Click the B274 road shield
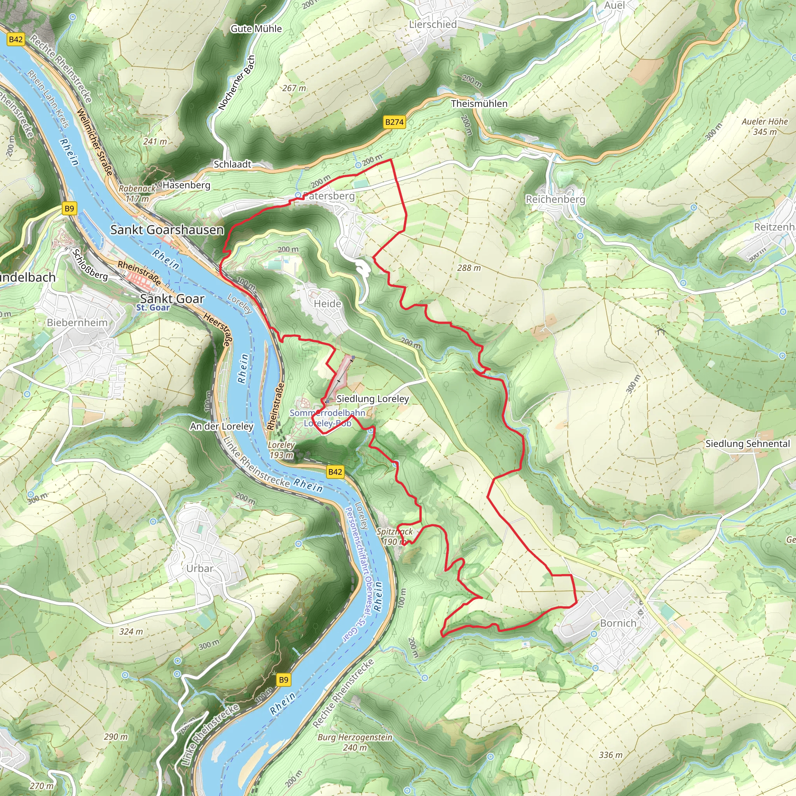click(394, 122)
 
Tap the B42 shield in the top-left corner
click(16, 40)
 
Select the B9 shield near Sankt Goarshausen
click(69, 208)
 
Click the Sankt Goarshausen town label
click(167, 230)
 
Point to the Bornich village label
click(618, 623)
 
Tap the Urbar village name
click(200, 568)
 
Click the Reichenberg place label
click(555, 199)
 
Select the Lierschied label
click(433, 25)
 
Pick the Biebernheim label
click(77, 323)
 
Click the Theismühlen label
click(479, 104)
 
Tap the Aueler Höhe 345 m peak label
click(765, 126)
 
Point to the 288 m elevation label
click(469, 268)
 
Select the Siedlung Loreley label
click(372, 399)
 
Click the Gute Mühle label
click(256, 29)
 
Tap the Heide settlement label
click(328, 304)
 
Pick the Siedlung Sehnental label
click(748, 444)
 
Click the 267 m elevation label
click(294, 88)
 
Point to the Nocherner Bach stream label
click(236, 83)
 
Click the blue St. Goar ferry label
click(153, 308)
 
